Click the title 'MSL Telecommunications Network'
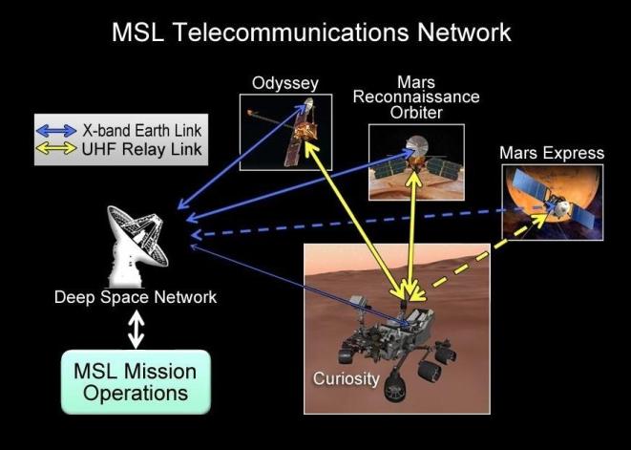(311, 32)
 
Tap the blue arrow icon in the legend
(56, 131)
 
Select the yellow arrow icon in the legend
(56, 148)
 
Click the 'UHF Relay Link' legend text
(141, 149)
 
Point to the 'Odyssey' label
(285, 84)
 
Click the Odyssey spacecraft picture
(285, 133)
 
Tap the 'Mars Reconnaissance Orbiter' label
(416, 97)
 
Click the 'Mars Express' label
(552, 153)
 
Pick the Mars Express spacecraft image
(553, 203)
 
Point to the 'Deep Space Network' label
(136, 297)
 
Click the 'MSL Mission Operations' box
(136, 382)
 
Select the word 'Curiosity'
(347, 379)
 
